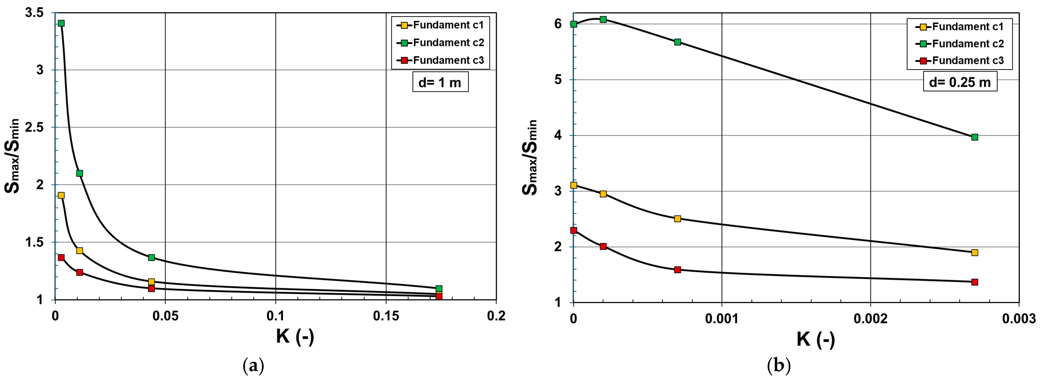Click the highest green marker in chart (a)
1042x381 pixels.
[61, 23]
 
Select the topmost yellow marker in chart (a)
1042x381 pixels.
[61, 195]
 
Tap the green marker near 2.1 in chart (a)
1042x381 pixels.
[80, 173]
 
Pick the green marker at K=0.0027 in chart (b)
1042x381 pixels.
[974, 137]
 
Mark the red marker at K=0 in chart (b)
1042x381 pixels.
[573, 231]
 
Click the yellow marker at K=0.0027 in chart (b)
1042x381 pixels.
[974, 252]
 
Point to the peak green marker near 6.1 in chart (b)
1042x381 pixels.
[603, 19]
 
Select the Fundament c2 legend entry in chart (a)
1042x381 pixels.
[441, 43]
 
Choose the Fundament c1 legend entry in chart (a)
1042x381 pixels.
[441, 25]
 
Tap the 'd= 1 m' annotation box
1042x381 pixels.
[440, 83]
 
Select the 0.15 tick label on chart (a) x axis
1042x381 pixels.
[386, 316]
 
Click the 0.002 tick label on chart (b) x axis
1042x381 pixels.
[870, 319]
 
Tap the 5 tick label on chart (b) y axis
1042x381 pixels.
[558, 80]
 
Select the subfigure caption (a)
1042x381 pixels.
[253, 366]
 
